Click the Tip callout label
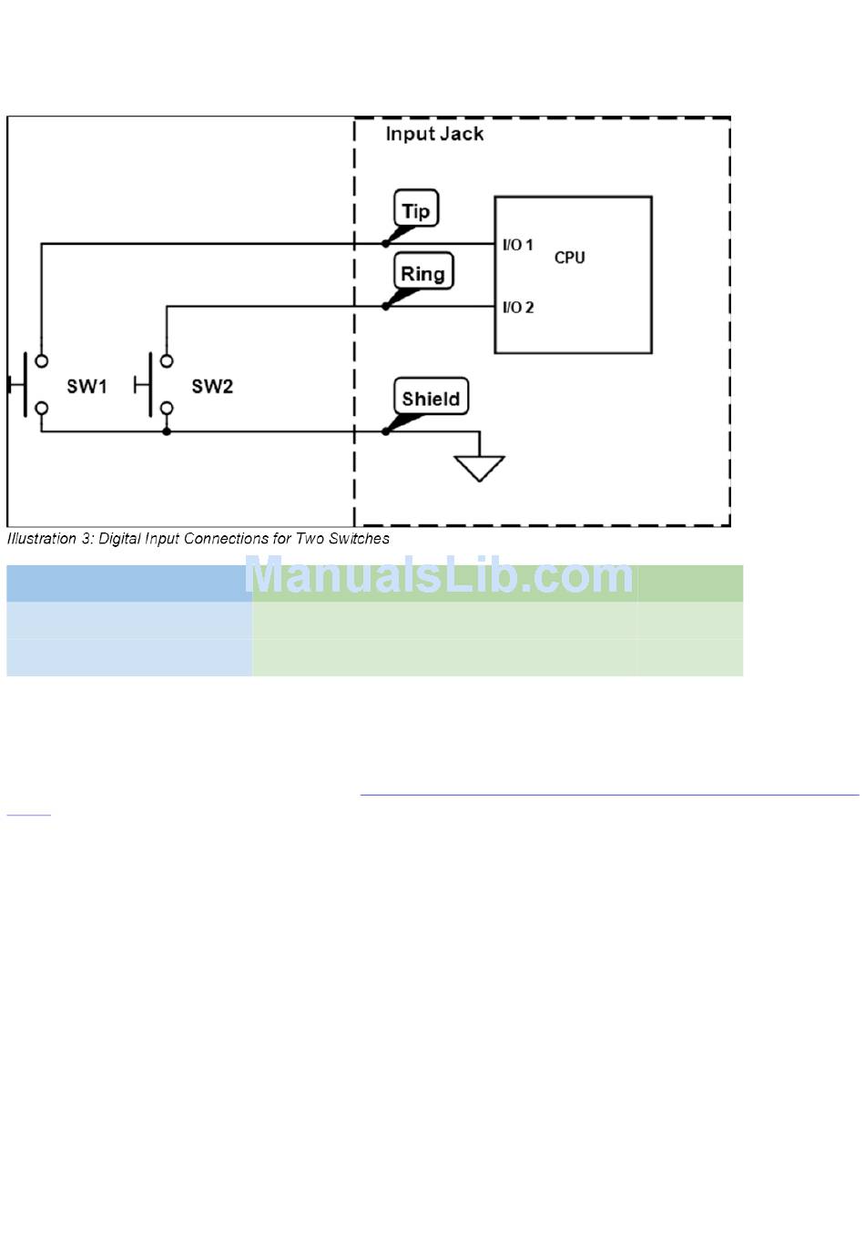point(416,210)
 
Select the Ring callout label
point(423,273)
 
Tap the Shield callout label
point(431,398)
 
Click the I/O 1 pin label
point(518,245)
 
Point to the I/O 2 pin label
point(518,307)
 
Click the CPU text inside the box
point(570,258)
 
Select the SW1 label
point(86,386)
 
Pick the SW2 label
point(212,386)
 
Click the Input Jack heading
point(434,134)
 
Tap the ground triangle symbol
point(479,467)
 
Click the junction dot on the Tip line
point(386,244)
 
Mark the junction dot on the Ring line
point(386,306)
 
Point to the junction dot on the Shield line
point(386,431)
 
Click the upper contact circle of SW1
point(41,360)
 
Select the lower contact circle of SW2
point(167,409)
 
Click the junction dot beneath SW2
point(167,431)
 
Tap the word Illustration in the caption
point(41,539)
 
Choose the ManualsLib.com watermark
point(439,575)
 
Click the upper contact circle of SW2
point(167,360)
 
